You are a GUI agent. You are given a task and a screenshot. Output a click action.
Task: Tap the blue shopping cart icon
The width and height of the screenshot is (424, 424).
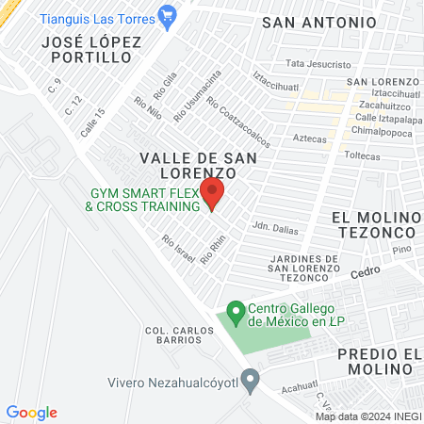[x=168, y=14]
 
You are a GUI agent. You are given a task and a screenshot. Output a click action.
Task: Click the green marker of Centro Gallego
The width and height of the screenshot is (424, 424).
[x=236, y=309]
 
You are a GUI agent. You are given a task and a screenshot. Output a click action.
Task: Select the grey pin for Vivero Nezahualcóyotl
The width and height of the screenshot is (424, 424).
[x=250, y=383]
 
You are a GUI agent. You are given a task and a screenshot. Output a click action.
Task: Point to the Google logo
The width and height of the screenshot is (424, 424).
[x=31, y=413]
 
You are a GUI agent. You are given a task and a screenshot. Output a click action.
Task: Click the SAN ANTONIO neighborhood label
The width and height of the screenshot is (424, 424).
[x=318, y=22]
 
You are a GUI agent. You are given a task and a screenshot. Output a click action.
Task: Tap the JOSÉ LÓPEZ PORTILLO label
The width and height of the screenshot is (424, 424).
[x=91, y=50]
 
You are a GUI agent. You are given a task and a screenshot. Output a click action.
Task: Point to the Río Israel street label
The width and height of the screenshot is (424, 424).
[x=179, y=249]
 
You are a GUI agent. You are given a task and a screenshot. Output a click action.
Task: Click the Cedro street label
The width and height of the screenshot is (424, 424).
[x=364, y=272]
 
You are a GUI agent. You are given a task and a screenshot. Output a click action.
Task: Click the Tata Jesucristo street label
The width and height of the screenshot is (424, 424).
[x=314, y=64]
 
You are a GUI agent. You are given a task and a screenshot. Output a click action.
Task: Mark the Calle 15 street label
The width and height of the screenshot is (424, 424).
[x=92, y=123]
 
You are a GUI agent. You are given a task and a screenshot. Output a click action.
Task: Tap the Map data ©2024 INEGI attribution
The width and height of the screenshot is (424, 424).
[x=367, y=416]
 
